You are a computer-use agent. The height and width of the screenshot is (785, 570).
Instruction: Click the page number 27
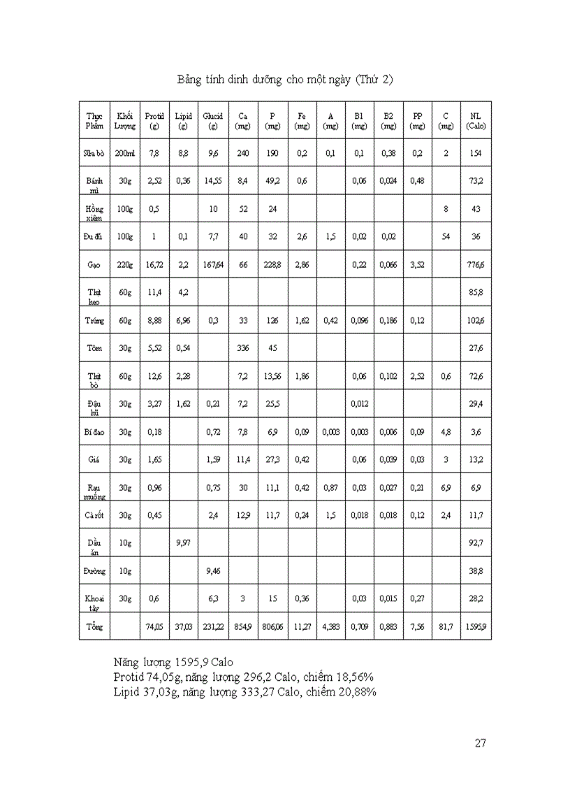point(480,742)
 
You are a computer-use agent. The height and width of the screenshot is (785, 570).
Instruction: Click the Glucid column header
point(212,121)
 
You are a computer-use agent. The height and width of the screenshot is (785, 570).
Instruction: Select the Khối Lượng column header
point(125,121)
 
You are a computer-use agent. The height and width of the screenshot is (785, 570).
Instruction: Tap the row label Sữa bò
point(94,153)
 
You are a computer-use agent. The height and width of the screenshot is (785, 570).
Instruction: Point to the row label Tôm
point(94,348)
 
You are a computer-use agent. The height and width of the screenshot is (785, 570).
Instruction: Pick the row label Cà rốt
point(94,515)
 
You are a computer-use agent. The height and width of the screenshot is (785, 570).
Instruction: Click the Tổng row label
point(94,627)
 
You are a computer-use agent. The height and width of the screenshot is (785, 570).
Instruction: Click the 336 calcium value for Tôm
point(243,348)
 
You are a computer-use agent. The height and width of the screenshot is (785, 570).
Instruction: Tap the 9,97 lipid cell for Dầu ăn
point(183,543)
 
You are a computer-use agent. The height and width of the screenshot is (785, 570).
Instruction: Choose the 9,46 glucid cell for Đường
point(212,571)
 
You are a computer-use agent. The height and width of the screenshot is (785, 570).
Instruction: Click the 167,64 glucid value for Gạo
point(212,265)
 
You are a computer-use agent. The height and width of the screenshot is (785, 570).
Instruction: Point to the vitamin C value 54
point(446,237)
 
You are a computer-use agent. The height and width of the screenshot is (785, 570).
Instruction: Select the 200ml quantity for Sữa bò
point(125,153)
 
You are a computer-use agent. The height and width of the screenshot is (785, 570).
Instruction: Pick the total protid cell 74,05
point(154,627)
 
